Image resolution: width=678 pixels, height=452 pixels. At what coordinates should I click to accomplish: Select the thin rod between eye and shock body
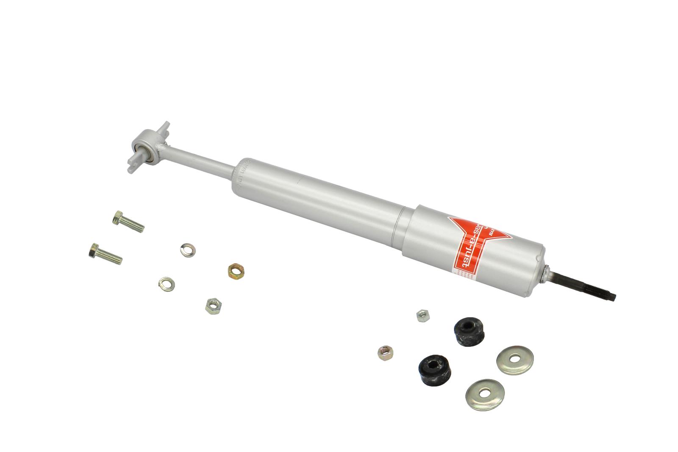[199, 159]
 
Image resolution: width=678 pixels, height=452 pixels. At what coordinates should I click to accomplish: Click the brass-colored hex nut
[234, 269]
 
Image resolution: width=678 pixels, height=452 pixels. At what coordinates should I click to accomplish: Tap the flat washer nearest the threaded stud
[514, 359]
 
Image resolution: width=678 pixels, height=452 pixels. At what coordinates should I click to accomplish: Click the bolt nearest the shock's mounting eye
[128, 222]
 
